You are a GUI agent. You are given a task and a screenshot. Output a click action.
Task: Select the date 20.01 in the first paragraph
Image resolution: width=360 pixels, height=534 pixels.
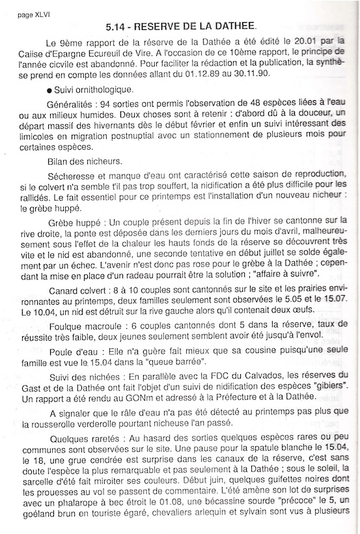click(296, 42)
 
